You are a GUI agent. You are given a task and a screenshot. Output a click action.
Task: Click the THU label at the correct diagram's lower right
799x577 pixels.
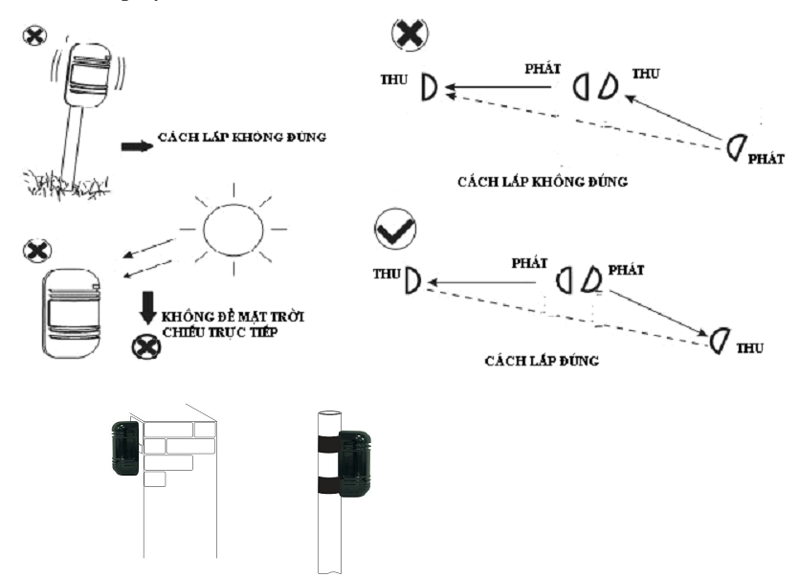coord(750,349)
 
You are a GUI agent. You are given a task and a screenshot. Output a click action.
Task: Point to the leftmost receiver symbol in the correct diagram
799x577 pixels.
coord(413,280)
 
